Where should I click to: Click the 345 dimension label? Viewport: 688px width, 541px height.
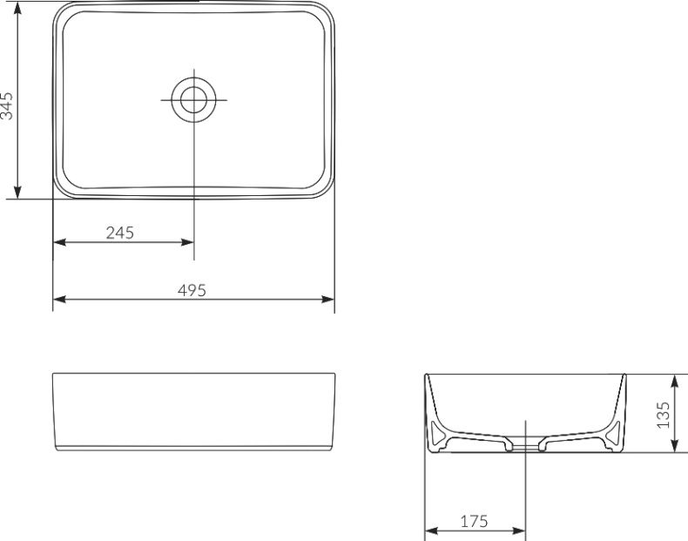7,106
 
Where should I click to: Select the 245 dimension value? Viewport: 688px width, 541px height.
120,233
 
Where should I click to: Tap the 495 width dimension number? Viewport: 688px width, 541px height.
192,290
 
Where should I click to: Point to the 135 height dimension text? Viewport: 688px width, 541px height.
663,415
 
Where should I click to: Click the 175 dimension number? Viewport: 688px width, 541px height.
474,521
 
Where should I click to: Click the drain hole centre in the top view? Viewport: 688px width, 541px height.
194,99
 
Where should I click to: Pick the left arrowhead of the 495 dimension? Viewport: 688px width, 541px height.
59,299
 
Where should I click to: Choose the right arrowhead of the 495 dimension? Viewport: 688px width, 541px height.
328,299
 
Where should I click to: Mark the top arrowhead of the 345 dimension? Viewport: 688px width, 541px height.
17,8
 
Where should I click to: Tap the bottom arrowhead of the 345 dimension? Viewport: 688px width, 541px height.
17,193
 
